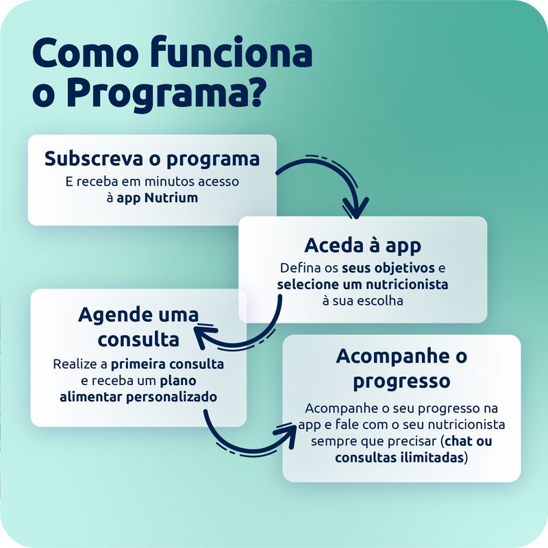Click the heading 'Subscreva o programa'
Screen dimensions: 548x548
(152, 159)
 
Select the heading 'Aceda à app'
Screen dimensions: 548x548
(362, 245)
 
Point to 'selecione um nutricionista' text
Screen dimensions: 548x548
(362, 284)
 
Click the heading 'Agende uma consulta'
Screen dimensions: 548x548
(138, 327)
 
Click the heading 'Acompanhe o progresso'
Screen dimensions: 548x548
(401, 368)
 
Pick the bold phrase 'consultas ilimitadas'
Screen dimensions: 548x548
(399, 458)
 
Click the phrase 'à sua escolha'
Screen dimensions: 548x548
(362, 300)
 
